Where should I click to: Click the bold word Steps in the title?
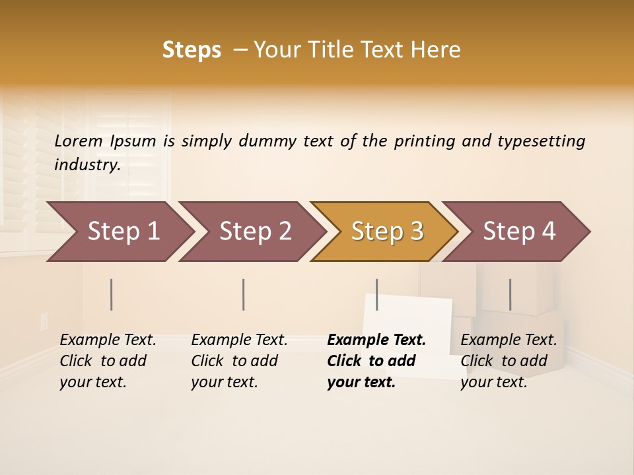(x=192, y=50)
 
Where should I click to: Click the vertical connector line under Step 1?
(x=112, y=294)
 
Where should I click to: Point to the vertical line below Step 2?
(x=244, y=294)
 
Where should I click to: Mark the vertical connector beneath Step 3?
(x=376, y=294)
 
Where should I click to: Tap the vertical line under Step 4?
(x=510, y=294)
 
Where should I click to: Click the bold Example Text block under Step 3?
(x=375, y=361)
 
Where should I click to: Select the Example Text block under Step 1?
(x=108, y=361)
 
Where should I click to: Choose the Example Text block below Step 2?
(x=239, y=361)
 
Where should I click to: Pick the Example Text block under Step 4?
(x=509, y=361)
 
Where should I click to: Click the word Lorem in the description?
(x=79, y=141)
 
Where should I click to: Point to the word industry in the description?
(x=87, y=164)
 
